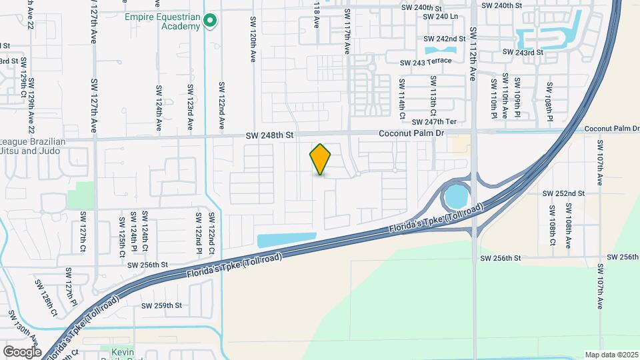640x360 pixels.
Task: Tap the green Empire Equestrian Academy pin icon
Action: click(210, 21)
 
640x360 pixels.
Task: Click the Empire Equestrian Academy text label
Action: click(162, 21)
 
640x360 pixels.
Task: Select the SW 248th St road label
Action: click(270, 135)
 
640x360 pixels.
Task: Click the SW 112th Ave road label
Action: click(473, 54)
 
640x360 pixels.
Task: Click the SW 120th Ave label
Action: click(253, 39)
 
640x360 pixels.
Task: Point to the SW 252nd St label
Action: click(563, 193)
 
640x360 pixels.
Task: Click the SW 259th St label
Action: click(161, 305)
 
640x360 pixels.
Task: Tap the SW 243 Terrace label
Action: click(425, 62)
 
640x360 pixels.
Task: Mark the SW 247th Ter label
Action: click(434, 122)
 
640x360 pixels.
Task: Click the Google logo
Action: click(22, 351)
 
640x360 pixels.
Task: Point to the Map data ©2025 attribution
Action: click(611, 355)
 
